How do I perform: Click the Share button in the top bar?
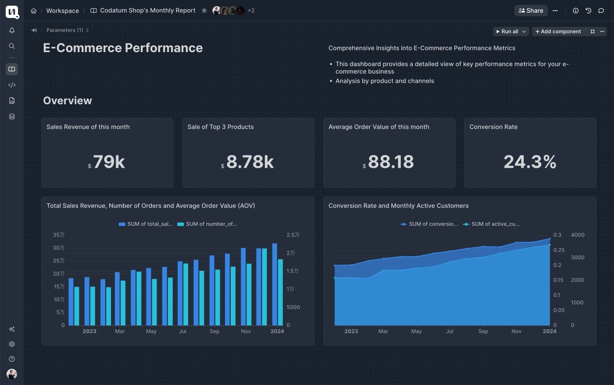(531, 11)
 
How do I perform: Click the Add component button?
(558, 32)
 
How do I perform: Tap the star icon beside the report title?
(204, 11)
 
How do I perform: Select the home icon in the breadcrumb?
(34, 11)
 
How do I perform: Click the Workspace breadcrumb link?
(62, 11)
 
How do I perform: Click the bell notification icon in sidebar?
(12, 30)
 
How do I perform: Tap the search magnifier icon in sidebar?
(12, 46)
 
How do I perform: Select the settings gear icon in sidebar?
(12, 344)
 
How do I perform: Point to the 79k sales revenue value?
(109, 162)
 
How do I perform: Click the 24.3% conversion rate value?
(530, 162)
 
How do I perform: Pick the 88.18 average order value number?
(390, 162)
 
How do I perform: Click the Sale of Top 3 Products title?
(220, 127)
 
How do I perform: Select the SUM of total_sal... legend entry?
(146, 224)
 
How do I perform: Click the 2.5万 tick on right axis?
(293, 235)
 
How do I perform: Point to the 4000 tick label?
(578, 235)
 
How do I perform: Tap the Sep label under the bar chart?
(214, 331)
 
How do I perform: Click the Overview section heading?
(68, 100)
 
